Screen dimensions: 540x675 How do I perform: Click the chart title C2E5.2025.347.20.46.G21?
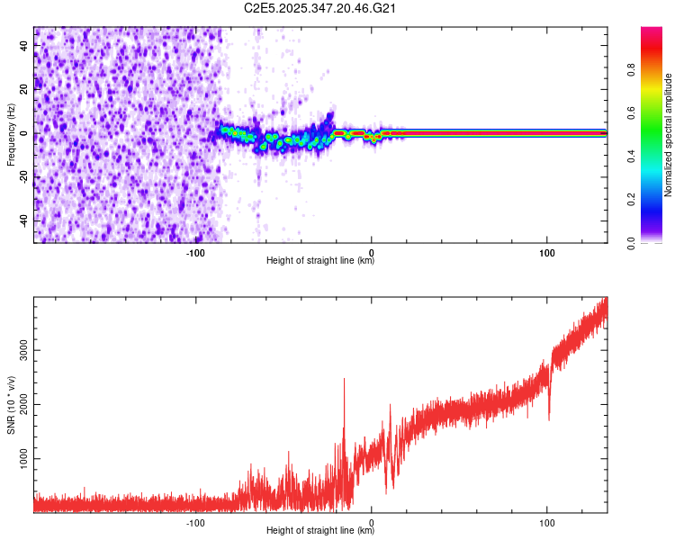pyautogui.click(x=321, y=8)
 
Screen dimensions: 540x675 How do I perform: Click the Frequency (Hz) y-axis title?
pyautogui.click(x=11, y=134)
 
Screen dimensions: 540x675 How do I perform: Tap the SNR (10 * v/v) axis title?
pyautogui.click(x=11, y=403)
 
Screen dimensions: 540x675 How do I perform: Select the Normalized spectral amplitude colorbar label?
pyautogui.click(x=668, y=134)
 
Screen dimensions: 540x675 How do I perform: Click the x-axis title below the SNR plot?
pyautogui.click(x=320, y=531)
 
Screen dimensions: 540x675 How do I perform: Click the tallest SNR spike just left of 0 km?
pyautogui.click(x=344, y=380)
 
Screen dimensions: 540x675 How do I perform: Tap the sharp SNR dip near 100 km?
pyautogui.click(x=549, y=418)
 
